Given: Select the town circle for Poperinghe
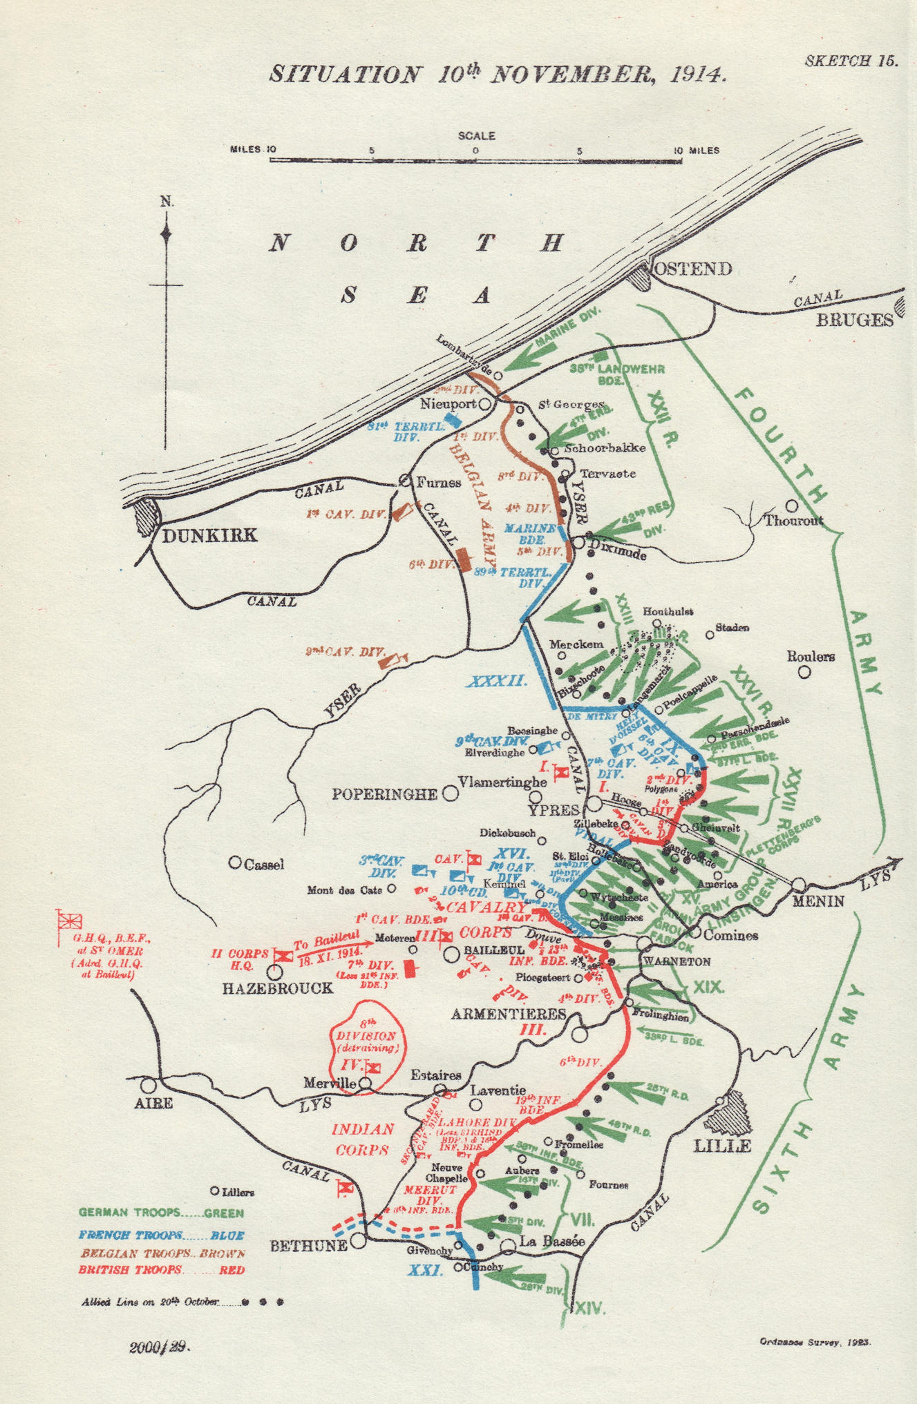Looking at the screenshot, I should (x=451, y=793).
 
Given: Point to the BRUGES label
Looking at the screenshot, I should (x=853, y=320).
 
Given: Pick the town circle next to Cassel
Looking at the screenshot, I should (x=235, y=863).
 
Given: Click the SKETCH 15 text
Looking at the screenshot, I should (x=851, y=61).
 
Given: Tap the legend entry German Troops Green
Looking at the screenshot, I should (x=160, y=1213).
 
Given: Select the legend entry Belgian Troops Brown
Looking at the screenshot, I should (x=162, y=1253).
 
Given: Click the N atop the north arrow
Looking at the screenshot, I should (x=167, y=202).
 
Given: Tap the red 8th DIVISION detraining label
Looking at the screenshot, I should (x=367, y=1036).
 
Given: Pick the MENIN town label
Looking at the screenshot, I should (x=819, y=901).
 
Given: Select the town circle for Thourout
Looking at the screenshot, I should (x=792, y=506).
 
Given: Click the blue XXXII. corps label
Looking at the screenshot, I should (x=497, y=682).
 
